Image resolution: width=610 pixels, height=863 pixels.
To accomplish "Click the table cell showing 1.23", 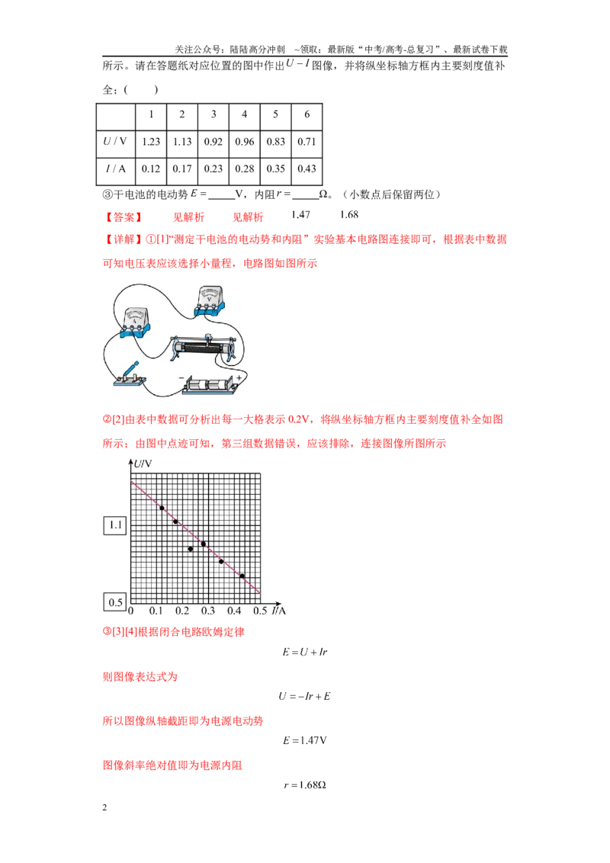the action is coord(151,142).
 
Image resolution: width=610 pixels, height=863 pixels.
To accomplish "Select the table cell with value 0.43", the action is coord(307,169).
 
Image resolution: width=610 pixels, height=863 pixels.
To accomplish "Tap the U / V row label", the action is coord(115,142).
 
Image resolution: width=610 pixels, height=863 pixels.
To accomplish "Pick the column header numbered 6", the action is coord(307,114).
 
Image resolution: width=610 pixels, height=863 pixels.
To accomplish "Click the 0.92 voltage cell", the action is coord(213,142).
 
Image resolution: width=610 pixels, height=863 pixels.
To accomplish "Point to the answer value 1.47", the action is coord(300,215).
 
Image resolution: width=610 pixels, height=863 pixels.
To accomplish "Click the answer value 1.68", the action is coord(349,215).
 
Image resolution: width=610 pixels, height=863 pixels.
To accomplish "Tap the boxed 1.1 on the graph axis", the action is coord(115,525).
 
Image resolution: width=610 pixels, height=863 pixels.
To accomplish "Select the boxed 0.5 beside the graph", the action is coord(115,602).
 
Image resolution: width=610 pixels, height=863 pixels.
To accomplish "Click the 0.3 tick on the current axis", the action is coord(208,611).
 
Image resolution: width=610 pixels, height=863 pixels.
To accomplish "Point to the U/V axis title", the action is coord(143,464).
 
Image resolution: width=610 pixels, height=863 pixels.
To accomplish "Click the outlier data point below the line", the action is coord(191,549).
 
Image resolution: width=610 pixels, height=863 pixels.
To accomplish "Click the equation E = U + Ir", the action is coord(305,652).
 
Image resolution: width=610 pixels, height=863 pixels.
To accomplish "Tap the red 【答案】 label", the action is coord(124,217).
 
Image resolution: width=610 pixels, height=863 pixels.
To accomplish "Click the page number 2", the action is coord(104,808).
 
